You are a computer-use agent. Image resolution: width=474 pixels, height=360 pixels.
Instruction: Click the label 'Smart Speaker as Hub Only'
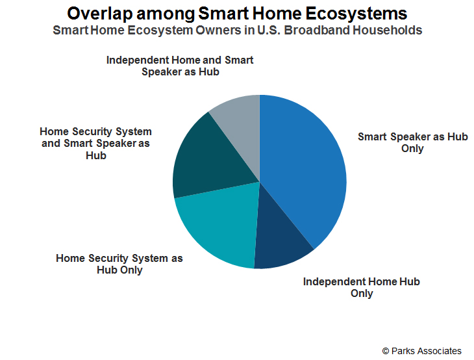(x=412, y=142)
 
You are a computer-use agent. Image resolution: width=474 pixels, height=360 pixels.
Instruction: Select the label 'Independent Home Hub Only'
(x=362, y=287)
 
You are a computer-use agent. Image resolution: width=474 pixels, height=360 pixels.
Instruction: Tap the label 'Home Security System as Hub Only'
(x=119, y=264)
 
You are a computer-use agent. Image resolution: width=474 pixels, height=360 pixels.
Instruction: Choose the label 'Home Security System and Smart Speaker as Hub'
(x=96, y=143)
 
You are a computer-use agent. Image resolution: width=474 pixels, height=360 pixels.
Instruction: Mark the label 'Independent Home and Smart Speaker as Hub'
(x=180, y=66)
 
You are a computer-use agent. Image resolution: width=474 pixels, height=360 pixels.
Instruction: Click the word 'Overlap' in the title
(x=100, y=14)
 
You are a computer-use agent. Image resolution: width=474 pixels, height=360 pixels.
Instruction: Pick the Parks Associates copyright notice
(x=421, y=351)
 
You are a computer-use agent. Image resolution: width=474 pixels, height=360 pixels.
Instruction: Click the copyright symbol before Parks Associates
(x=386, y=351)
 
